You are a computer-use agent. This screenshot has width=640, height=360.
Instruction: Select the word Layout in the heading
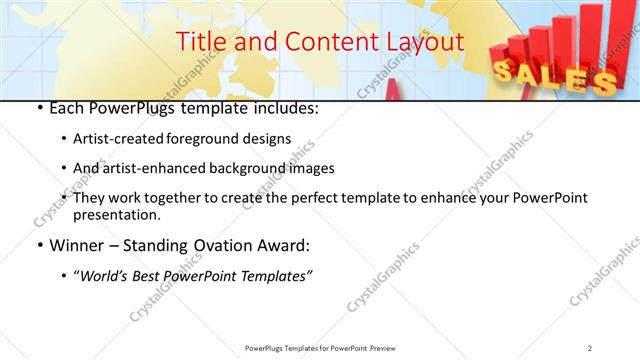[426, 42]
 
